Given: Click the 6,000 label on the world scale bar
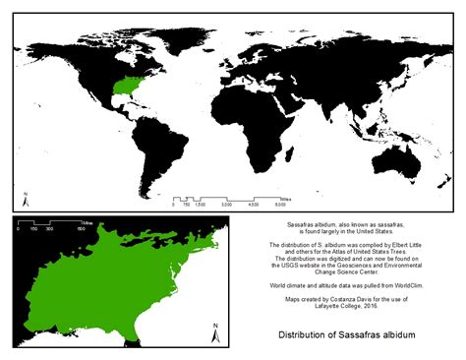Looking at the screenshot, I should click(x=280, y=205).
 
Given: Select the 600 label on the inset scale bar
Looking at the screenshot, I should click(x=82, y=229).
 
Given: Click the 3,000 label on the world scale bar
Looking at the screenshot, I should click(x=227, y=205).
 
